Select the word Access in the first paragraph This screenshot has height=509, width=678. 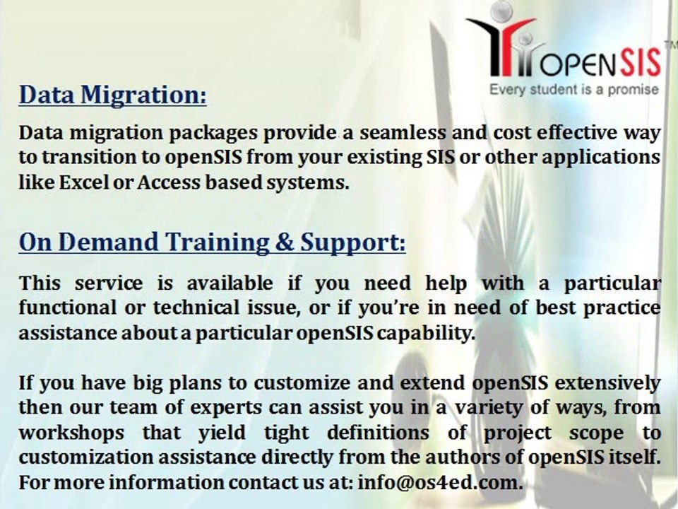pyautogui.click(x=169, y=182)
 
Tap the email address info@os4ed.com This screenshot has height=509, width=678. pyautogui.click(x=440, y=482)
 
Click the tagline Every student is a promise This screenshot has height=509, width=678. pyautogui.click(x=573, y=90)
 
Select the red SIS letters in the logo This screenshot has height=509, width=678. pyautogui.click(x=640, y=63)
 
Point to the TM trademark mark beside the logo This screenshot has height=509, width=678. pyautogui.click(x=671, y=44)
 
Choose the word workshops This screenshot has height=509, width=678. pyautogui.click(x=71, y=433)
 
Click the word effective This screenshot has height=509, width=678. pyautogui.click(x=576, y=132)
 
